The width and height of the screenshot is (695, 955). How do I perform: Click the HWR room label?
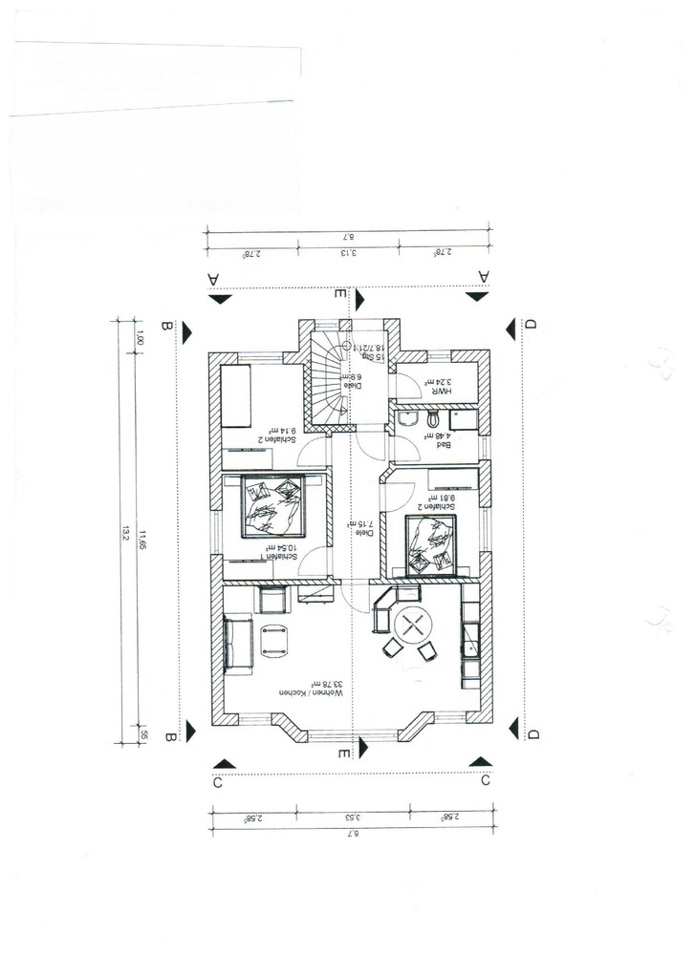pyautogui.click(x=439, y=389)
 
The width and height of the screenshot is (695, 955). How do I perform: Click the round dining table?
pyautogui.click(x=413, y=625)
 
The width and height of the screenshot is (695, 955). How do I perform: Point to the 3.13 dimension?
pyautogui.click(x=350, y=253)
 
